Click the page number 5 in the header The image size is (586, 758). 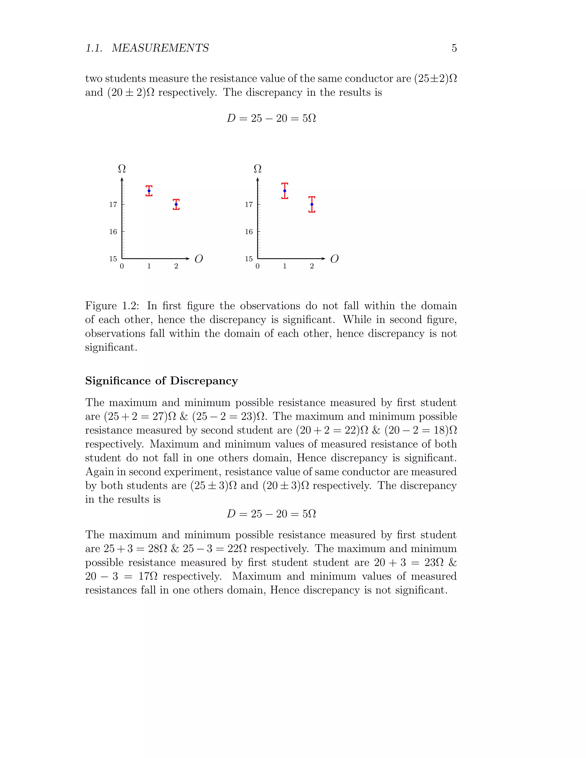pyautogui.click(x=454, y=48)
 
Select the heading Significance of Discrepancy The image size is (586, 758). pyautogui.click(x=161, y=381)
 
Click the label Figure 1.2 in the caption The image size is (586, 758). pyautogui.click(x=112, y=306)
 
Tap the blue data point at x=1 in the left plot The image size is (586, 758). pyautogui.click(x=149, y=191)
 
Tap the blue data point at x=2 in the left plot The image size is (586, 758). pyautogui.click(x=176, y=205)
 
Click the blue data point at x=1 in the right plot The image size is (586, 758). pyautogui.click(x=285, y=191)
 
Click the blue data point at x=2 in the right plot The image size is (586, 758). pyautogui.click(x=312, y=205)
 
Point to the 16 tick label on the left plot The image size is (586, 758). pyautogui.click(x=113, y=231)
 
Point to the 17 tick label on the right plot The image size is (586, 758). pyautogui.click(x=249, y=205)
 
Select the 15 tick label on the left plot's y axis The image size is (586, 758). pyautogui.click(x=113, y=259)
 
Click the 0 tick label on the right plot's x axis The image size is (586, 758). pyautogui.click(x=257, y=266)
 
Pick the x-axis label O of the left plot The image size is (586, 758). pyautogui.click(x=199, y=259)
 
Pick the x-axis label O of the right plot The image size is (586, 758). pyautogui.click(x=334, y=259)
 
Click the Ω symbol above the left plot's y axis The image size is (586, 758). pyautogui.click(x=122, y=169)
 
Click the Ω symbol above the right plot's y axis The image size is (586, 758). pyautogui.click(x=258, y=169)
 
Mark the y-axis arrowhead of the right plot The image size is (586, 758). pyautogui.click(x=258, y=179)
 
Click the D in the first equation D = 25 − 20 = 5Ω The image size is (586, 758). pyautogui.click(x=231, y=118)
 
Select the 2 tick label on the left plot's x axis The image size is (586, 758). pyautogui.click(x=176, y=266)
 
